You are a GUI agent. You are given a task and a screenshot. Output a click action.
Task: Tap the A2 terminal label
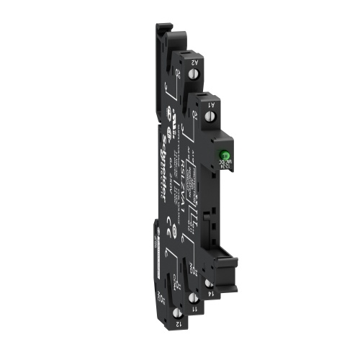pos(194,64)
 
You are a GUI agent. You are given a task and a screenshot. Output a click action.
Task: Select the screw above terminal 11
pos(193,295)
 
